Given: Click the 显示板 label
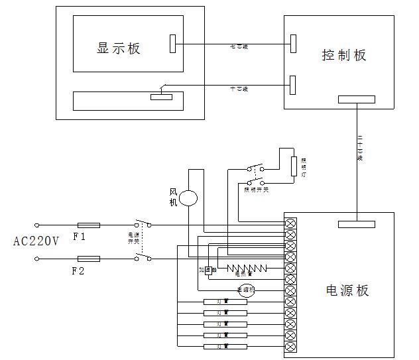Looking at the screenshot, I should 119,48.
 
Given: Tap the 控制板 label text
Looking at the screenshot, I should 343,55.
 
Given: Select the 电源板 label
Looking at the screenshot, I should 347,290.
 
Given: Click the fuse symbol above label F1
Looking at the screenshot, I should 89,225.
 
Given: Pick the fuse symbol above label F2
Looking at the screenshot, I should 89,258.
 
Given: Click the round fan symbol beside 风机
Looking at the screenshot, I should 189,198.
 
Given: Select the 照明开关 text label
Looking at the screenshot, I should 256,190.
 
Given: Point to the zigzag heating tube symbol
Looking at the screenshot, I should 247,268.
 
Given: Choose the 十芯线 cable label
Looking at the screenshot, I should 239,88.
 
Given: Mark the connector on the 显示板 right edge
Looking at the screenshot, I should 173,44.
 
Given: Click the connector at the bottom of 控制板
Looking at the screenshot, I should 356,99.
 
